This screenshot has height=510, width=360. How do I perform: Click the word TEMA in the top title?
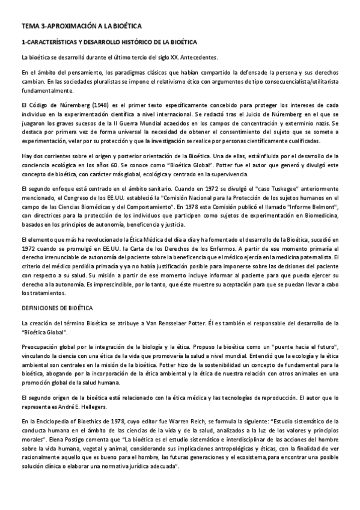tap(29, 27)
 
